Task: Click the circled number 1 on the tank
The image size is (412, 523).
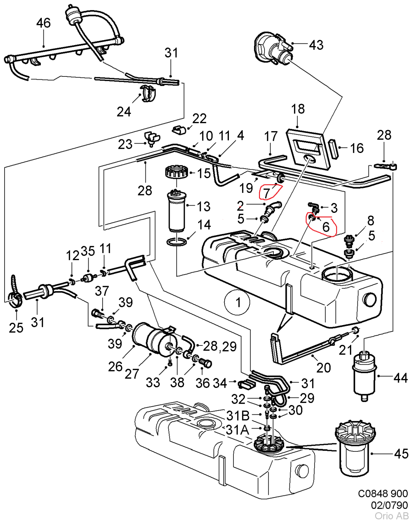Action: [238, 302]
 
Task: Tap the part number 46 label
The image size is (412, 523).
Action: [43, 23]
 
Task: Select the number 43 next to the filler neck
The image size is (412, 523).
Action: [316, 45]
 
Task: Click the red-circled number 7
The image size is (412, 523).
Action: [266, 193]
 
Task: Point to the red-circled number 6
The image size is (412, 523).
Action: [326, 226]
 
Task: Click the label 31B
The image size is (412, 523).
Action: [238, 416]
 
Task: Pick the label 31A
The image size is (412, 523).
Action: [237, 430]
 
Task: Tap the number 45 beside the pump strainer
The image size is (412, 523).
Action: [401, 454]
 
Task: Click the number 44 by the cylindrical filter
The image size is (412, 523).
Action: [401, 378]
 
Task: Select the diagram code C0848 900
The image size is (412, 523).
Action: [383, 494]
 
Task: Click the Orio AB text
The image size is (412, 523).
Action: [391, 516]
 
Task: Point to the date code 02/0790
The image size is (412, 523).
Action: [389, 505]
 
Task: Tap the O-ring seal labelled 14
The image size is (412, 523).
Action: [177, 242]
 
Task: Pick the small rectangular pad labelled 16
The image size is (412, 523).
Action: [334, 149]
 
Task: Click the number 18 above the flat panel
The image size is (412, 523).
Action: [298, 109]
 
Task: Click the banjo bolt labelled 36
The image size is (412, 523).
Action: [206, 363]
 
